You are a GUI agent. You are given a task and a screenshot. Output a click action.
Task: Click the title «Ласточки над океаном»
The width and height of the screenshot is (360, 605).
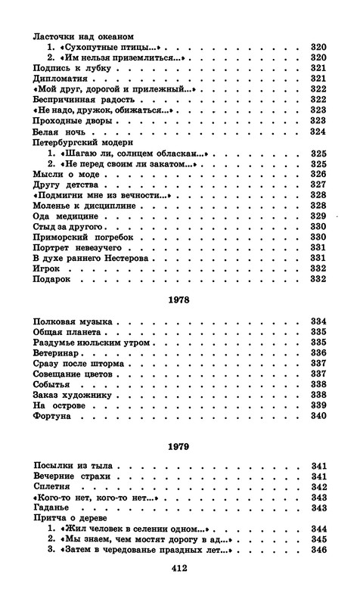coord(83,36)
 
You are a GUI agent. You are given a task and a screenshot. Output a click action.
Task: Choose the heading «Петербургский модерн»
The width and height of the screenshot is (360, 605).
coord(83,141)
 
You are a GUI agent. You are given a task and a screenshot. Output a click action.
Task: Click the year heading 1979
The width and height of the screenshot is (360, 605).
coord(179,447)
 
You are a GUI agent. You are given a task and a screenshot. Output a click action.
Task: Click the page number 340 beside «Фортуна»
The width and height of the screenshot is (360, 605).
coord(318,416)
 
